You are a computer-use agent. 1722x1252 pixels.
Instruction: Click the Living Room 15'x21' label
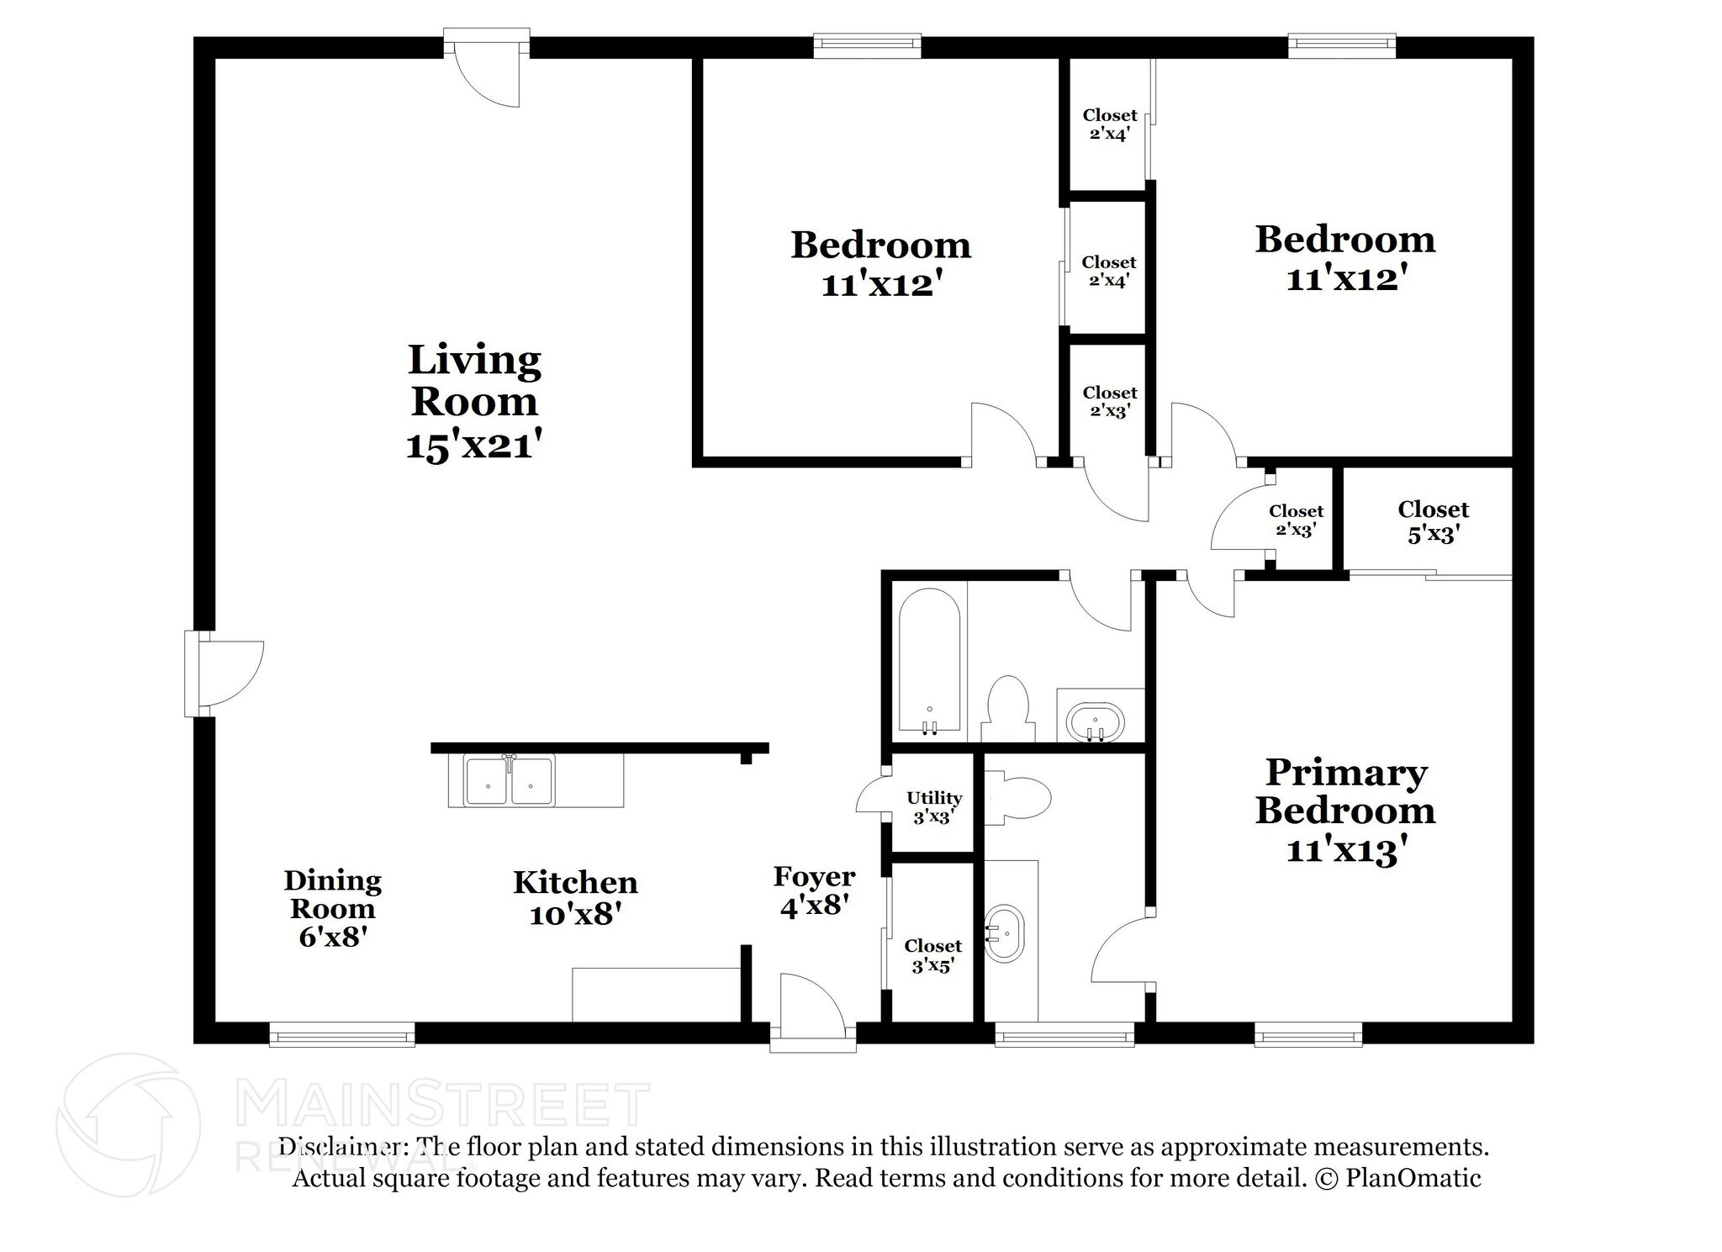pos(473,402)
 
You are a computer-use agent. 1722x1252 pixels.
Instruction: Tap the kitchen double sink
pos(510,781)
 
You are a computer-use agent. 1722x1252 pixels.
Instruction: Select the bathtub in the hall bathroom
pos(929,663)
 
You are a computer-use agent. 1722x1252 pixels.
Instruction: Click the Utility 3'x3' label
pos(933,806)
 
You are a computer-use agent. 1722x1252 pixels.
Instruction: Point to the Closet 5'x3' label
pos(1433,520)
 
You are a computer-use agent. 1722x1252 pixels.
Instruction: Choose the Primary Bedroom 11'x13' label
pos(1345,811)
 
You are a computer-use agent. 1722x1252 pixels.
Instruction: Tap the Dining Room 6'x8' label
pos(332,908)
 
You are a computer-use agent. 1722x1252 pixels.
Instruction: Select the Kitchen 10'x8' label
pos(575,897)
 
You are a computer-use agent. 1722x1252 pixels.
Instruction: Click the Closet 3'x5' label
pos(932,955)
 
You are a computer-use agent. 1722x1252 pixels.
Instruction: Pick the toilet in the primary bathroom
pos(1019,797)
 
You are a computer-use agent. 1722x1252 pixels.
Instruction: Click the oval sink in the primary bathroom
pos(1005,934)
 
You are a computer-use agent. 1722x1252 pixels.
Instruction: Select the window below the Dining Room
pos(341,1034)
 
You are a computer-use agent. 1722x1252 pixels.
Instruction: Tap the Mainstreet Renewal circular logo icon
pos(128,1125)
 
